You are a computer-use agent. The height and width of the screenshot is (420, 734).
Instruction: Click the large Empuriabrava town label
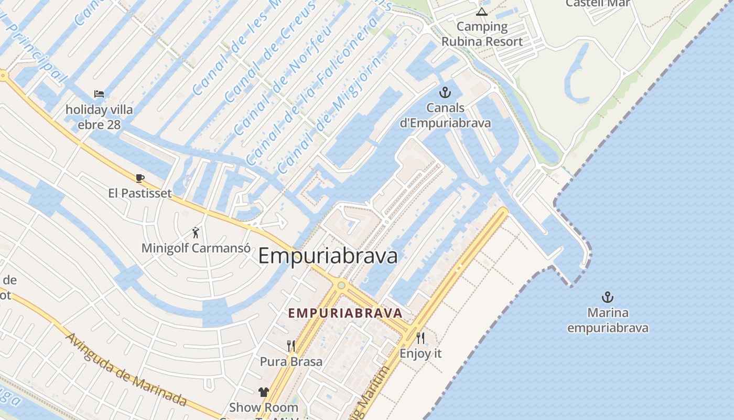328,256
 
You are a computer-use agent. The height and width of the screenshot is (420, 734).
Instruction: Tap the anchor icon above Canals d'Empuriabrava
445,93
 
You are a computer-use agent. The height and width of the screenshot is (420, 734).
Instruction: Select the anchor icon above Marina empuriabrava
607,297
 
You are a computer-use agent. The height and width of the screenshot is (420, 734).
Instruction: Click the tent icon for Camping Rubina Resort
482,12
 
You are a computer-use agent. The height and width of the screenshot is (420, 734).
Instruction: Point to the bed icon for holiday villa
99,94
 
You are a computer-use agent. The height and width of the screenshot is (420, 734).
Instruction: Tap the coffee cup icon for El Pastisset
140,178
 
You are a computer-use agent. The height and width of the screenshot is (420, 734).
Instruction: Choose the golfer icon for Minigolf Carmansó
196,232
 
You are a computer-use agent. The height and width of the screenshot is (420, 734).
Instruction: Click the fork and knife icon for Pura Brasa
291,345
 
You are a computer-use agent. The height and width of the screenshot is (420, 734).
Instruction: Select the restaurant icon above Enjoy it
420,337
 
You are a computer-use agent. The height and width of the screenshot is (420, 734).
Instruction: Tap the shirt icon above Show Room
263,392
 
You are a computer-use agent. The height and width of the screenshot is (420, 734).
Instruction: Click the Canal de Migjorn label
314,129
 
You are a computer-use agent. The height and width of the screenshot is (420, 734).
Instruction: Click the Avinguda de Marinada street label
126,369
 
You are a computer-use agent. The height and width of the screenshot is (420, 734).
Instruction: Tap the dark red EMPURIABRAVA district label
346,313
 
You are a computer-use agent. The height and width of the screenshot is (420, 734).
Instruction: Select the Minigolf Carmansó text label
196,248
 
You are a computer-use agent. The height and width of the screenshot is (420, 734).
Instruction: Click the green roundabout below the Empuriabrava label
341,285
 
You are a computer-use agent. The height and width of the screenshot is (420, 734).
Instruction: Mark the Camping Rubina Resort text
482,34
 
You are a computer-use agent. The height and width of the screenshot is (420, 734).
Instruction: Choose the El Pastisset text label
140,193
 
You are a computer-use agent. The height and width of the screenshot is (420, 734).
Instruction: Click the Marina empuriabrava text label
608,320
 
